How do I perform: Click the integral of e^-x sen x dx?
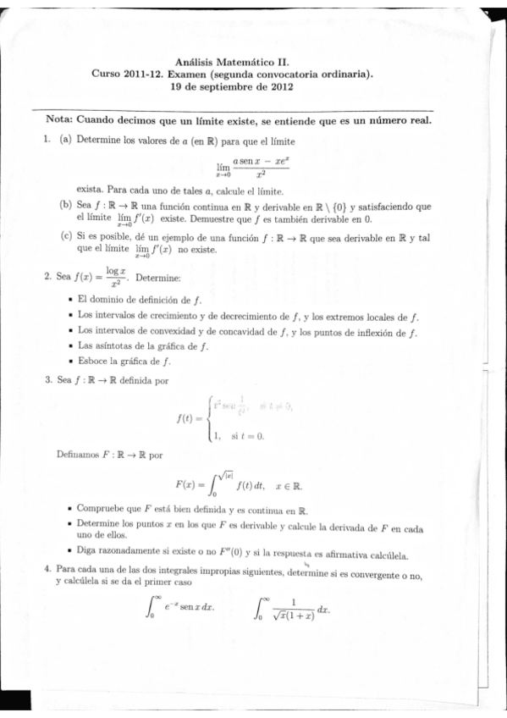click(x=181, y=609)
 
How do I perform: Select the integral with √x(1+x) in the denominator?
click(x=292, y=609)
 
